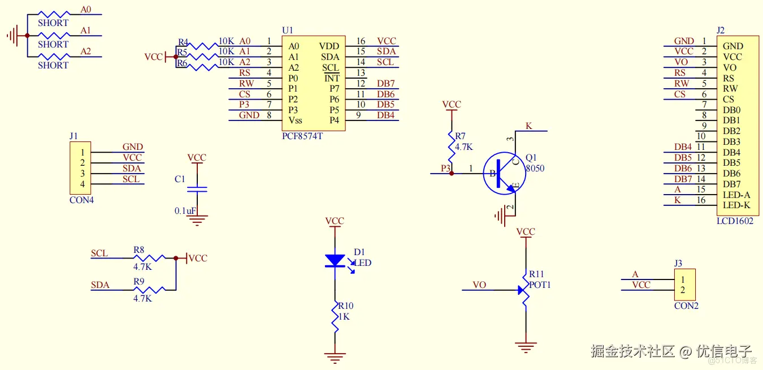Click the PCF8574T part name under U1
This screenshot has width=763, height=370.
pyautogui.click(x=302, y=136)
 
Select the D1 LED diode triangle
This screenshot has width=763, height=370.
pyautogui.click(x=335, y=261)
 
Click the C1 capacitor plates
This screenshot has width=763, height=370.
pyautogui.click(x=197, y=190)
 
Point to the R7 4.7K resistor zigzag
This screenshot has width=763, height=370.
pyautogui.click(x=452, y=147)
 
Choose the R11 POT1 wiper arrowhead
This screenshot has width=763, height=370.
pyautogui.click(x=521, y=290)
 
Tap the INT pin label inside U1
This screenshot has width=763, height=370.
pyautogui.click(x=332, y=79)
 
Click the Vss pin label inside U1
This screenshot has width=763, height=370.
pyautogui.click(x=296, y=121)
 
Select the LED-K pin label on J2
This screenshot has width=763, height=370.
pyautogui.click(x=736, y=205)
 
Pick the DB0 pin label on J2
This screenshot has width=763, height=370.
pyautogui.click(x=732, y=110)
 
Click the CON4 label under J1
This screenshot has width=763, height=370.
pyautogui.click(x=81, y=200)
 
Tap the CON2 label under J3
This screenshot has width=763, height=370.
pyautogui.click(x=686, y=306)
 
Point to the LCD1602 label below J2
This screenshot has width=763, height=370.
pyautogui.click(x=735, y=221)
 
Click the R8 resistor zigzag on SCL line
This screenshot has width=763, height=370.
pyautogui.click(x=149, y=258)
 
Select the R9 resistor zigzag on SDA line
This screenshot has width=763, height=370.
pyautogui.click(x=149, y=290)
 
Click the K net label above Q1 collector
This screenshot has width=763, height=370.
pyautogui.click(x=528, y=126)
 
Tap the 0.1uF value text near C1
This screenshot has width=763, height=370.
pyautogui.click(x=185, y=211)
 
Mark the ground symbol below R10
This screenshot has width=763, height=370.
pyautogui.click(x=335, y=358)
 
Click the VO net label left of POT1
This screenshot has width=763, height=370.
pyautogui.click(x=479, y=285)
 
